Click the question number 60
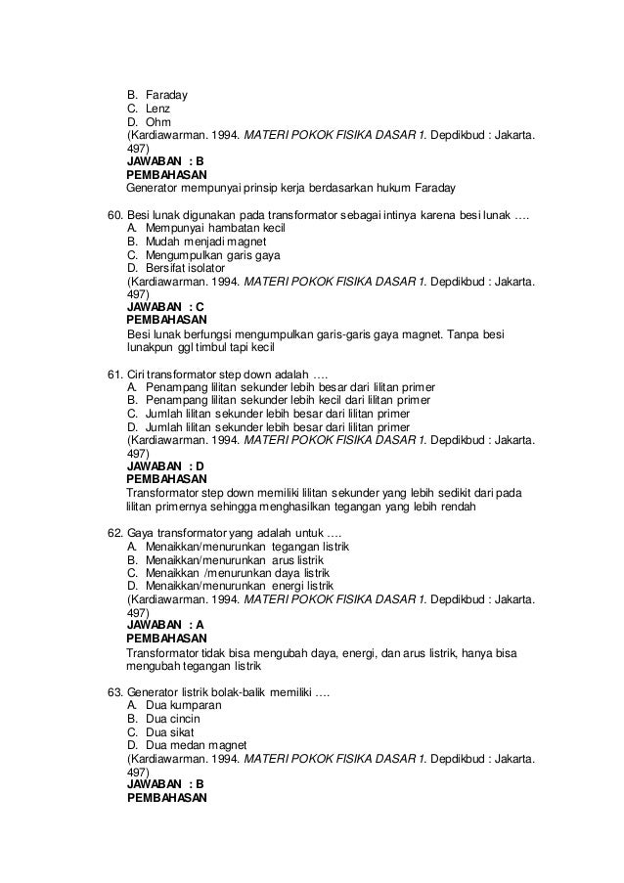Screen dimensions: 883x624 click(115, 214)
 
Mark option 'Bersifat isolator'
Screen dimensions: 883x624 click(185, 268)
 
